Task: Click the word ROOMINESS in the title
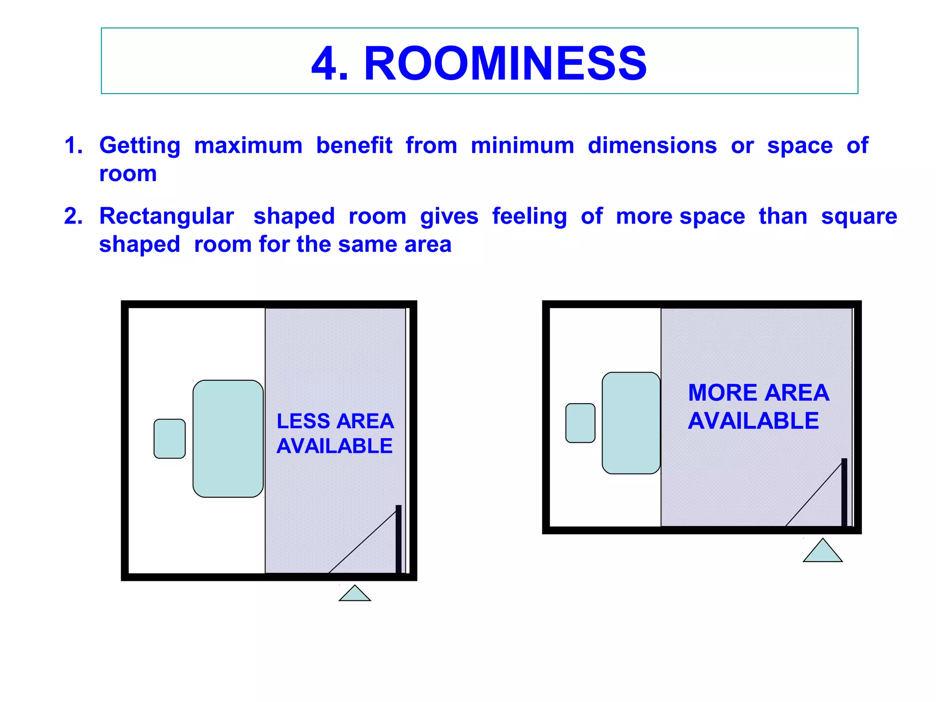click(x=505, y=64)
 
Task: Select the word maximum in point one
click(x=248, y=146)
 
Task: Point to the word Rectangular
click(x=166, y=216)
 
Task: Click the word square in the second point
click(x=859, y=216)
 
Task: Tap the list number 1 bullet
click(x=73, y=146)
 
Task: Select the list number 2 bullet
click(x=73, y=216)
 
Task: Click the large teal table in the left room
click(x=228, y=438)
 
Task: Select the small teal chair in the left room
click(x=170, y=438)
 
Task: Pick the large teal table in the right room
click(x=631, y=423)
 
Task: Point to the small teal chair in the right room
click(x=580, y=423)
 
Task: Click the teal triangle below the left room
click(x=355, y=595)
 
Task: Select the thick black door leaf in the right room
click(x=844, y=492)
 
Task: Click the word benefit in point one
click(x=354, y=146)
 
